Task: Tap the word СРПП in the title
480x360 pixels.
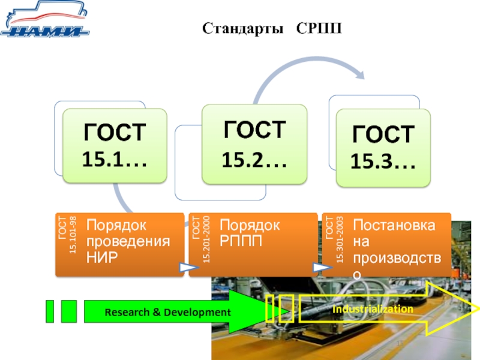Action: pos(319,28)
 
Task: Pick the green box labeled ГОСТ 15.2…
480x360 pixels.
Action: pos(254,144)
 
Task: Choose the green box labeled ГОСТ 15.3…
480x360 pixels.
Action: pos(383,148)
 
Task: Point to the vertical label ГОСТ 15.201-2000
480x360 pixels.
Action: pos(201,239)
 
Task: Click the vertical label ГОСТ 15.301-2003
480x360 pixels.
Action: pos(334,239)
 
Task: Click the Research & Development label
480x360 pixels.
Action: pos(167,312)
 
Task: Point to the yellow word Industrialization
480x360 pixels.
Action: pos(373,308)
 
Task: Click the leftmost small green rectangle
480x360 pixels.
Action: pos(50,311)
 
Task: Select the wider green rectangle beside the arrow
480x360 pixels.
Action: pos(69,311)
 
